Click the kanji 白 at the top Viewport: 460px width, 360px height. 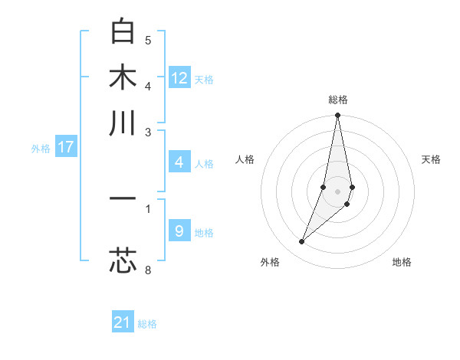point(123,32)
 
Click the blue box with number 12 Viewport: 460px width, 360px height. point(179,78)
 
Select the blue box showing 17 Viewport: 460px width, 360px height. point(65,147)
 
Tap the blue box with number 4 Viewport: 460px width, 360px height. point(179,162)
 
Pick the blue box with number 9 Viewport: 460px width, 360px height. point(179,231)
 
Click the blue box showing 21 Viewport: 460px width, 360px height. point(123,322)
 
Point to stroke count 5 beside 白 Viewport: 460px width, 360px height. point(148,41)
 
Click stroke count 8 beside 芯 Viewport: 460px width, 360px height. point(148,270)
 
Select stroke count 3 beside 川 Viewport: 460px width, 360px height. point(148,132)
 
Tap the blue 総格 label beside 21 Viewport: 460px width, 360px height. point(147,324)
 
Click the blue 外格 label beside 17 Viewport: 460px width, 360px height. point(41,149)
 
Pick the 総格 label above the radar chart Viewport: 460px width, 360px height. point(337,100)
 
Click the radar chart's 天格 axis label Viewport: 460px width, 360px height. point(431,159)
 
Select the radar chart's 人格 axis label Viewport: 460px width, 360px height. point(245,159)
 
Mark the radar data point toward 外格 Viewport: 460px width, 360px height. point(302,242)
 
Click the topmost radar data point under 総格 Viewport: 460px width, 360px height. point(337,116)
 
